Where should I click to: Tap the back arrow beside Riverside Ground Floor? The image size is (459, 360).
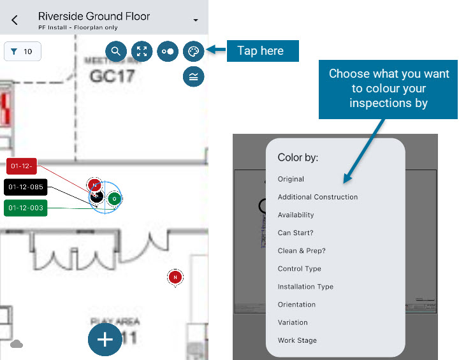click(x=15, y=20)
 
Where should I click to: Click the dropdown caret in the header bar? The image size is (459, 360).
click(x=195, y=20)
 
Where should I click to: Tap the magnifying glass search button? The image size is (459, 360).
click(x=116, y=51)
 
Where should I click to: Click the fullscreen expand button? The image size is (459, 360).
click(x=142, y=51)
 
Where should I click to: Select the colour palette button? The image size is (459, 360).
click(x=193, y=51)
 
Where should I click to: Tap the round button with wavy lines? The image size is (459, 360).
click(x=193, y=76)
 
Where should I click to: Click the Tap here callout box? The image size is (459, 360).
click(x=263, y=51)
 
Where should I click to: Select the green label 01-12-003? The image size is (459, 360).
click(x=25, y=208)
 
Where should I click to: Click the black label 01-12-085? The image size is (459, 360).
click(x=25, y=187)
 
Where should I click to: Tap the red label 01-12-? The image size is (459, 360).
click(x=22, y=167)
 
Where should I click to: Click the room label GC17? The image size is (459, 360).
click(x=112, y=76)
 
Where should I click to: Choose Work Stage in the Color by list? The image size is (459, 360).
click(x=297, y=340)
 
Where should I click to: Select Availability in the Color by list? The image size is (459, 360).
click(x=296, y=215)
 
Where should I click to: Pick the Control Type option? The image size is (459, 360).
click(x=300, y=269)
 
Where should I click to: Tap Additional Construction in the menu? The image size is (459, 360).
click(x=317, y=197)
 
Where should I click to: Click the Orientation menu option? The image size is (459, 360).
click(x=296, y=305)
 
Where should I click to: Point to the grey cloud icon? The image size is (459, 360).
click(x=17, y=344)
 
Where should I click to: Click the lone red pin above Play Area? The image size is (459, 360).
click(x=175, y=277)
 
